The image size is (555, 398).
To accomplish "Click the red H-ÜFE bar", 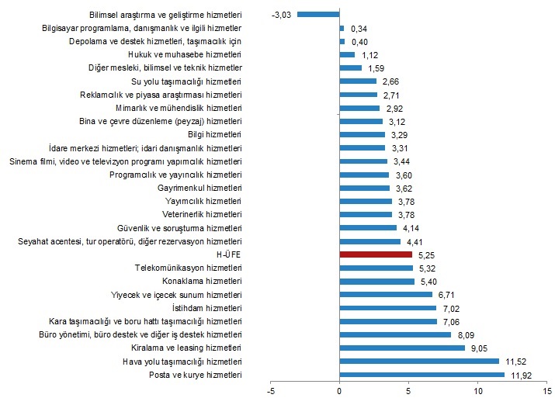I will click(x=376, y=254).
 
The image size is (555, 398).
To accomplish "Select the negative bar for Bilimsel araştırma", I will click(x=318, y=14).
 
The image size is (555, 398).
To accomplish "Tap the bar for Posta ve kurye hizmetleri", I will click(x=421, y=375).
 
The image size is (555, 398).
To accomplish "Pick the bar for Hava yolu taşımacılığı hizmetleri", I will click(x=419, y=362).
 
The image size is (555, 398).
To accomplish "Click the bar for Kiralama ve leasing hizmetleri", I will click(x=402, y=348).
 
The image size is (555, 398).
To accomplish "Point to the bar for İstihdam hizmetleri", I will click(x=388, y=308).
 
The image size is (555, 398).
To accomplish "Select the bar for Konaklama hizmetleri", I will click(x=377, y=281).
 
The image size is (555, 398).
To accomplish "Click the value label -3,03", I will click(x=282, y=15).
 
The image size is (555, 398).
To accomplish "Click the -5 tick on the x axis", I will click(x=270, y=389).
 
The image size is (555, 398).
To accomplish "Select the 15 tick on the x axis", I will click(x=546, y=389).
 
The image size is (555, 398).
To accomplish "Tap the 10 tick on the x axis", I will click(x=477, y=389).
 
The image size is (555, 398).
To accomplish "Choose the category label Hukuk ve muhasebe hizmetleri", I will click(x=185, y=54).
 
